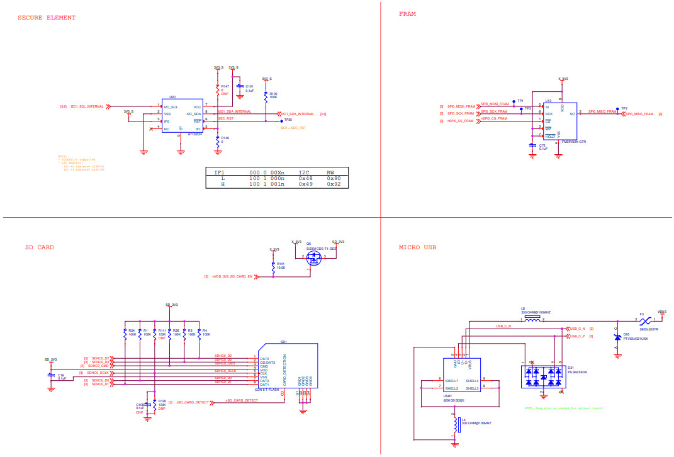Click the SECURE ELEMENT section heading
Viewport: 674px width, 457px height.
[x=47, y=18]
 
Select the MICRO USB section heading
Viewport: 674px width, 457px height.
[x=417, y=247]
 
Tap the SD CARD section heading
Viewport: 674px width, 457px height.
[x=39, y=247]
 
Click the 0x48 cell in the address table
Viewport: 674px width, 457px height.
[x=306, y=178]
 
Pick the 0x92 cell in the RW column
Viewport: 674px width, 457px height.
[x=334, y=185]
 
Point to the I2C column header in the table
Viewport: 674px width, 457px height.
[x=305, y=172]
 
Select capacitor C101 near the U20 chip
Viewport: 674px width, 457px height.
[x=239, y=88]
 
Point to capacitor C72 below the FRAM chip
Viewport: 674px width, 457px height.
[x=533, y=146]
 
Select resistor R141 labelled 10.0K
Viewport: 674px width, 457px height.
[x=273, y=267]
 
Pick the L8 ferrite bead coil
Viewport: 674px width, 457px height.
[x=532, y=320]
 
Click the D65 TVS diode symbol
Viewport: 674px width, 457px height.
[x=617, y=337]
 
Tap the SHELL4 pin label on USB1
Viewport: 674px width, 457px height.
[x=471, y=381]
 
